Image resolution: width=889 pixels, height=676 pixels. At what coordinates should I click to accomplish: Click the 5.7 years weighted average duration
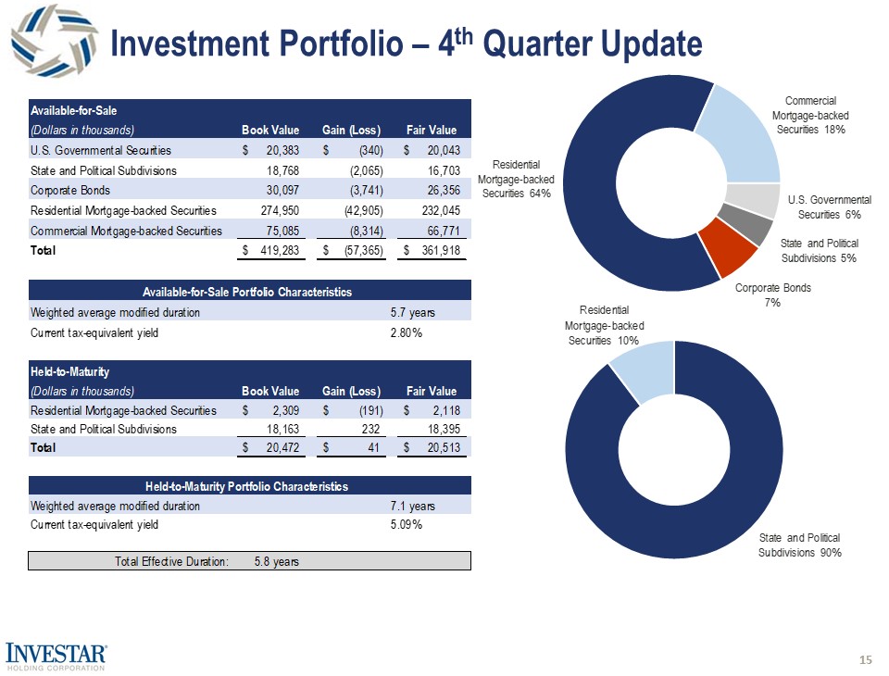tap(412, 313)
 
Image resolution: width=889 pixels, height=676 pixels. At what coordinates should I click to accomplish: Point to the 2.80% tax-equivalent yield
tap(407, 332)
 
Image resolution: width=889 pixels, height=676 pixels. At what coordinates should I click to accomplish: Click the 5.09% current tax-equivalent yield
tap(407, 524)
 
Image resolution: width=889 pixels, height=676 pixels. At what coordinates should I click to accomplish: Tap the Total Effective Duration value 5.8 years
tap(276, 561)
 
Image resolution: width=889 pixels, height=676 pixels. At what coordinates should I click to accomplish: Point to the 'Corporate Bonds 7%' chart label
tap(773, 294)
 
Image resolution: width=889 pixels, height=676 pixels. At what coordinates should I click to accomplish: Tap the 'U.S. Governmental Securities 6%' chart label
tap(829, 207)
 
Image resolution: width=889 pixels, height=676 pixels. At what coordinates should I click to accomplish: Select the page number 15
tap(866, 659)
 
